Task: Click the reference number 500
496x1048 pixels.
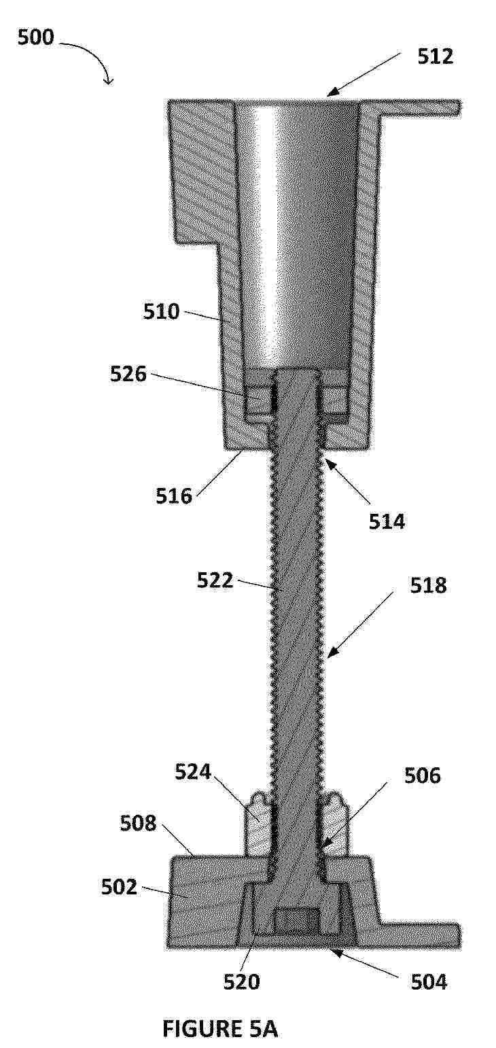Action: click(35, 37)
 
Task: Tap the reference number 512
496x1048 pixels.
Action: click(435, 56)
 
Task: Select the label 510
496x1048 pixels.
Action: click(161, 311)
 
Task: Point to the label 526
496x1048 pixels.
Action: click(128, 374)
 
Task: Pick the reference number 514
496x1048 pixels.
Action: click(387, 521)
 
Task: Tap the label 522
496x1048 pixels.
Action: click(215, 580)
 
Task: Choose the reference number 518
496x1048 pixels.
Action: click(429, 585)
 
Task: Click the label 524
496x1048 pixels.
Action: click(193, 771)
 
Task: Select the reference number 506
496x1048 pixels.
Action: click(423, 776)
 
